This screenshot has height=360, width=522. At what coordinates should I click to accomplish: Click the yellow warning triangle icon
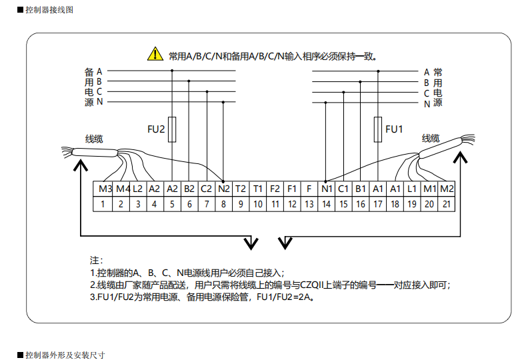(x=155, y=53)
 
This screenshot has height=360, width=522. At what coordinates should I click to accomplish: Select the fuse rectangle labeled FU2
(x=172, y=129)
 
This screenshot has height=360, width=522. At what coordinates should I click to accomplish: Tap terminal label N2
(x=223, y=189)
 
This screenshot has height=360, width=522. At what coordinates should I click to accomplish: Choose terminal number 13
(x=309, y=204)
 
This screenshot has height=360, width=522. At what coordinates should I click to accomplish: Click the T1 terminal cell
(x=257, y=189)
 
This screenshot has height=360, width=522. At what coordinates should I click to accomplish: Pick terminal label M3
(x=105, y=189)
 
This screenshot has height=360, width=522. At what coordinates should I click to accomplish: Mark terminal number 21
(x=446, y=204)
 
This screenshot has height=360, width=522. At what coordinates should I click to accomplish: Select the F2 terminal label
(x=275, y=189)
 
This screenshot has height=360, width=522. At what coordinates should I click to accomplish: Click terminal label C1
(x=343, y=189)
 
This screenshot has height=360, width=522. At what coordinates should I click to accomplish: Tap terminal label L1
(x=412, y=189)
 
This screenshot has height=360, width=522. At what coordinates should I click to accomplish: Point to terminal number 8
(x=223, y=204)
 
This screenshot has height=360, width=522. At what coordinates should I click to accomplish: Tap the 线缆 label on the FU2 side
(x=94, y=139)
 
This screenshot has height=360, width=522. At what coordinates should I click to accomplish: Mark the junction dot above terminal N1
(x=325, y=181)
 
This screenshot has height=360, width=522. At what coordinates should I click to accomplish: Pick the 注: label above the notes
(x=96, y=259)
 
